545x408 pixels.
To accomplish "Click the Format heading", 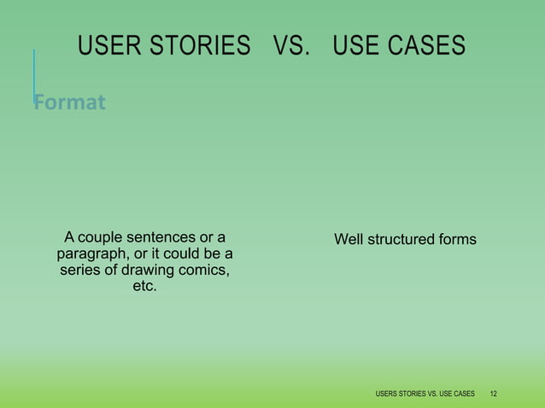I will click(x=70, y=103).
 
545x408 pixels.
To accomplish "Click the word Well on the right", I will click(x=349, y=239).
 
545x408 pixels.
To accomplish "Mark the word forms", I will click(x=457, y=239).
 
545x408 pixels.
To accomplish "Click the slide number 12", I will click(x=494, y=393).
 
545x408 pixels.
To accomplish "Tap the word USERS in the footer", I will click(x=388, y=393).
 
